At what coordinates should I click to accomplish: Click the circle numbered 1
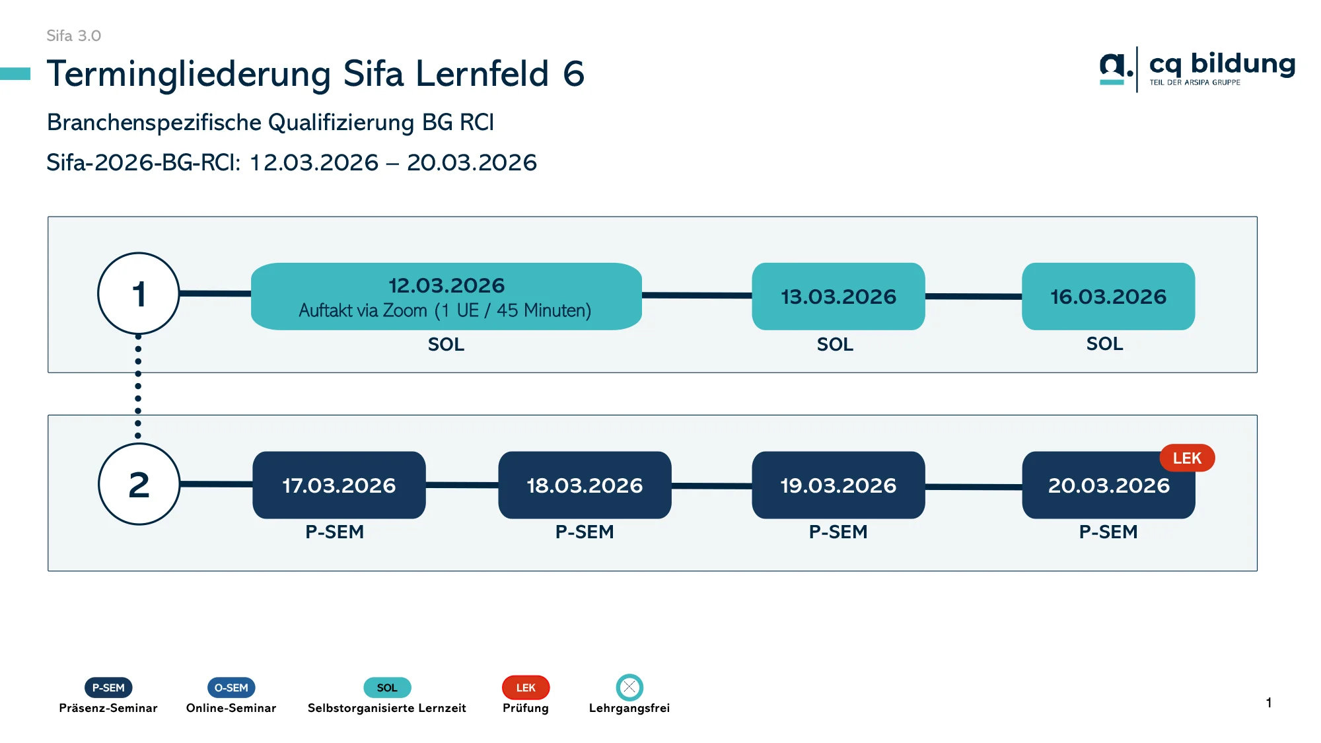[x=139, y=293]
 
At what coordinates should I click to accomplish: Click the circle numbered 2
[x=139, y=484]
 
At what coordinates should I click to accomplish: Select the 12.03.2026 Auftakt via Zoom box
[x=446, y=297]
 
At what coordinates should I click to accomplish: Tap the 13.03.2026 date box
[x=838, y=297]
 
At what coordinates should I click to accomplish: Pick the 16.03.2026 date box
[x=1108, y=297]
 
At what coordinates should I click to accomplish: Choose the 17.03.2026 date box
[x=339, y=485]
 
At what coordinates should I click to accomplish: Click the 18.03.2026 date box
[x=585, y=485]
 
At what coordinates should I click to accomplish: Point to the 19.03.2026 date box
[x=838, y=485]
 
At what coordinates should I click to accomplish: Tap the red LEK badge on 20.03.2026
[x=1187, y=458]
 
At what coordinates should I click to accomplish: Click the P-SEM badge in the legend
[x=108, y=688]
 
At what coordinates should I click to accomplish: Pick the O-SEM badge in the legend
[x=231, y=688]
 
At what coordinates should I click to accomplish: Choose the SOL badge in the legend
[x=387, y=688]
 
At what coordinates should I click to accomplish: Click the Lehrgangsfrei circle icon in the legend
[x=629, y=688]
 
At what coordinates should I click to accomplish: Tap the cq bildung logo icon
[x=1116, y=68]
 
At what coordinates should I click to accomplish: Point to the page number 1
[x=1269, y=703]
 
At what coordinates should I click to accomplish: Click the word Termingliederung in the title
[x=189, y=73]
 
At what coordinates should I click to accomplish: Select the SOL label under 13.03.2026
[x=835, y=344]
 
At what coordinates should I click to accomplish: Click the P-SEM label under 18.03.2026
[x=585, y=532]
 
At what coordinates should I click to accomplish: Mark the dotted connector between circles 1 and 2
[x=138, y=386]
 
